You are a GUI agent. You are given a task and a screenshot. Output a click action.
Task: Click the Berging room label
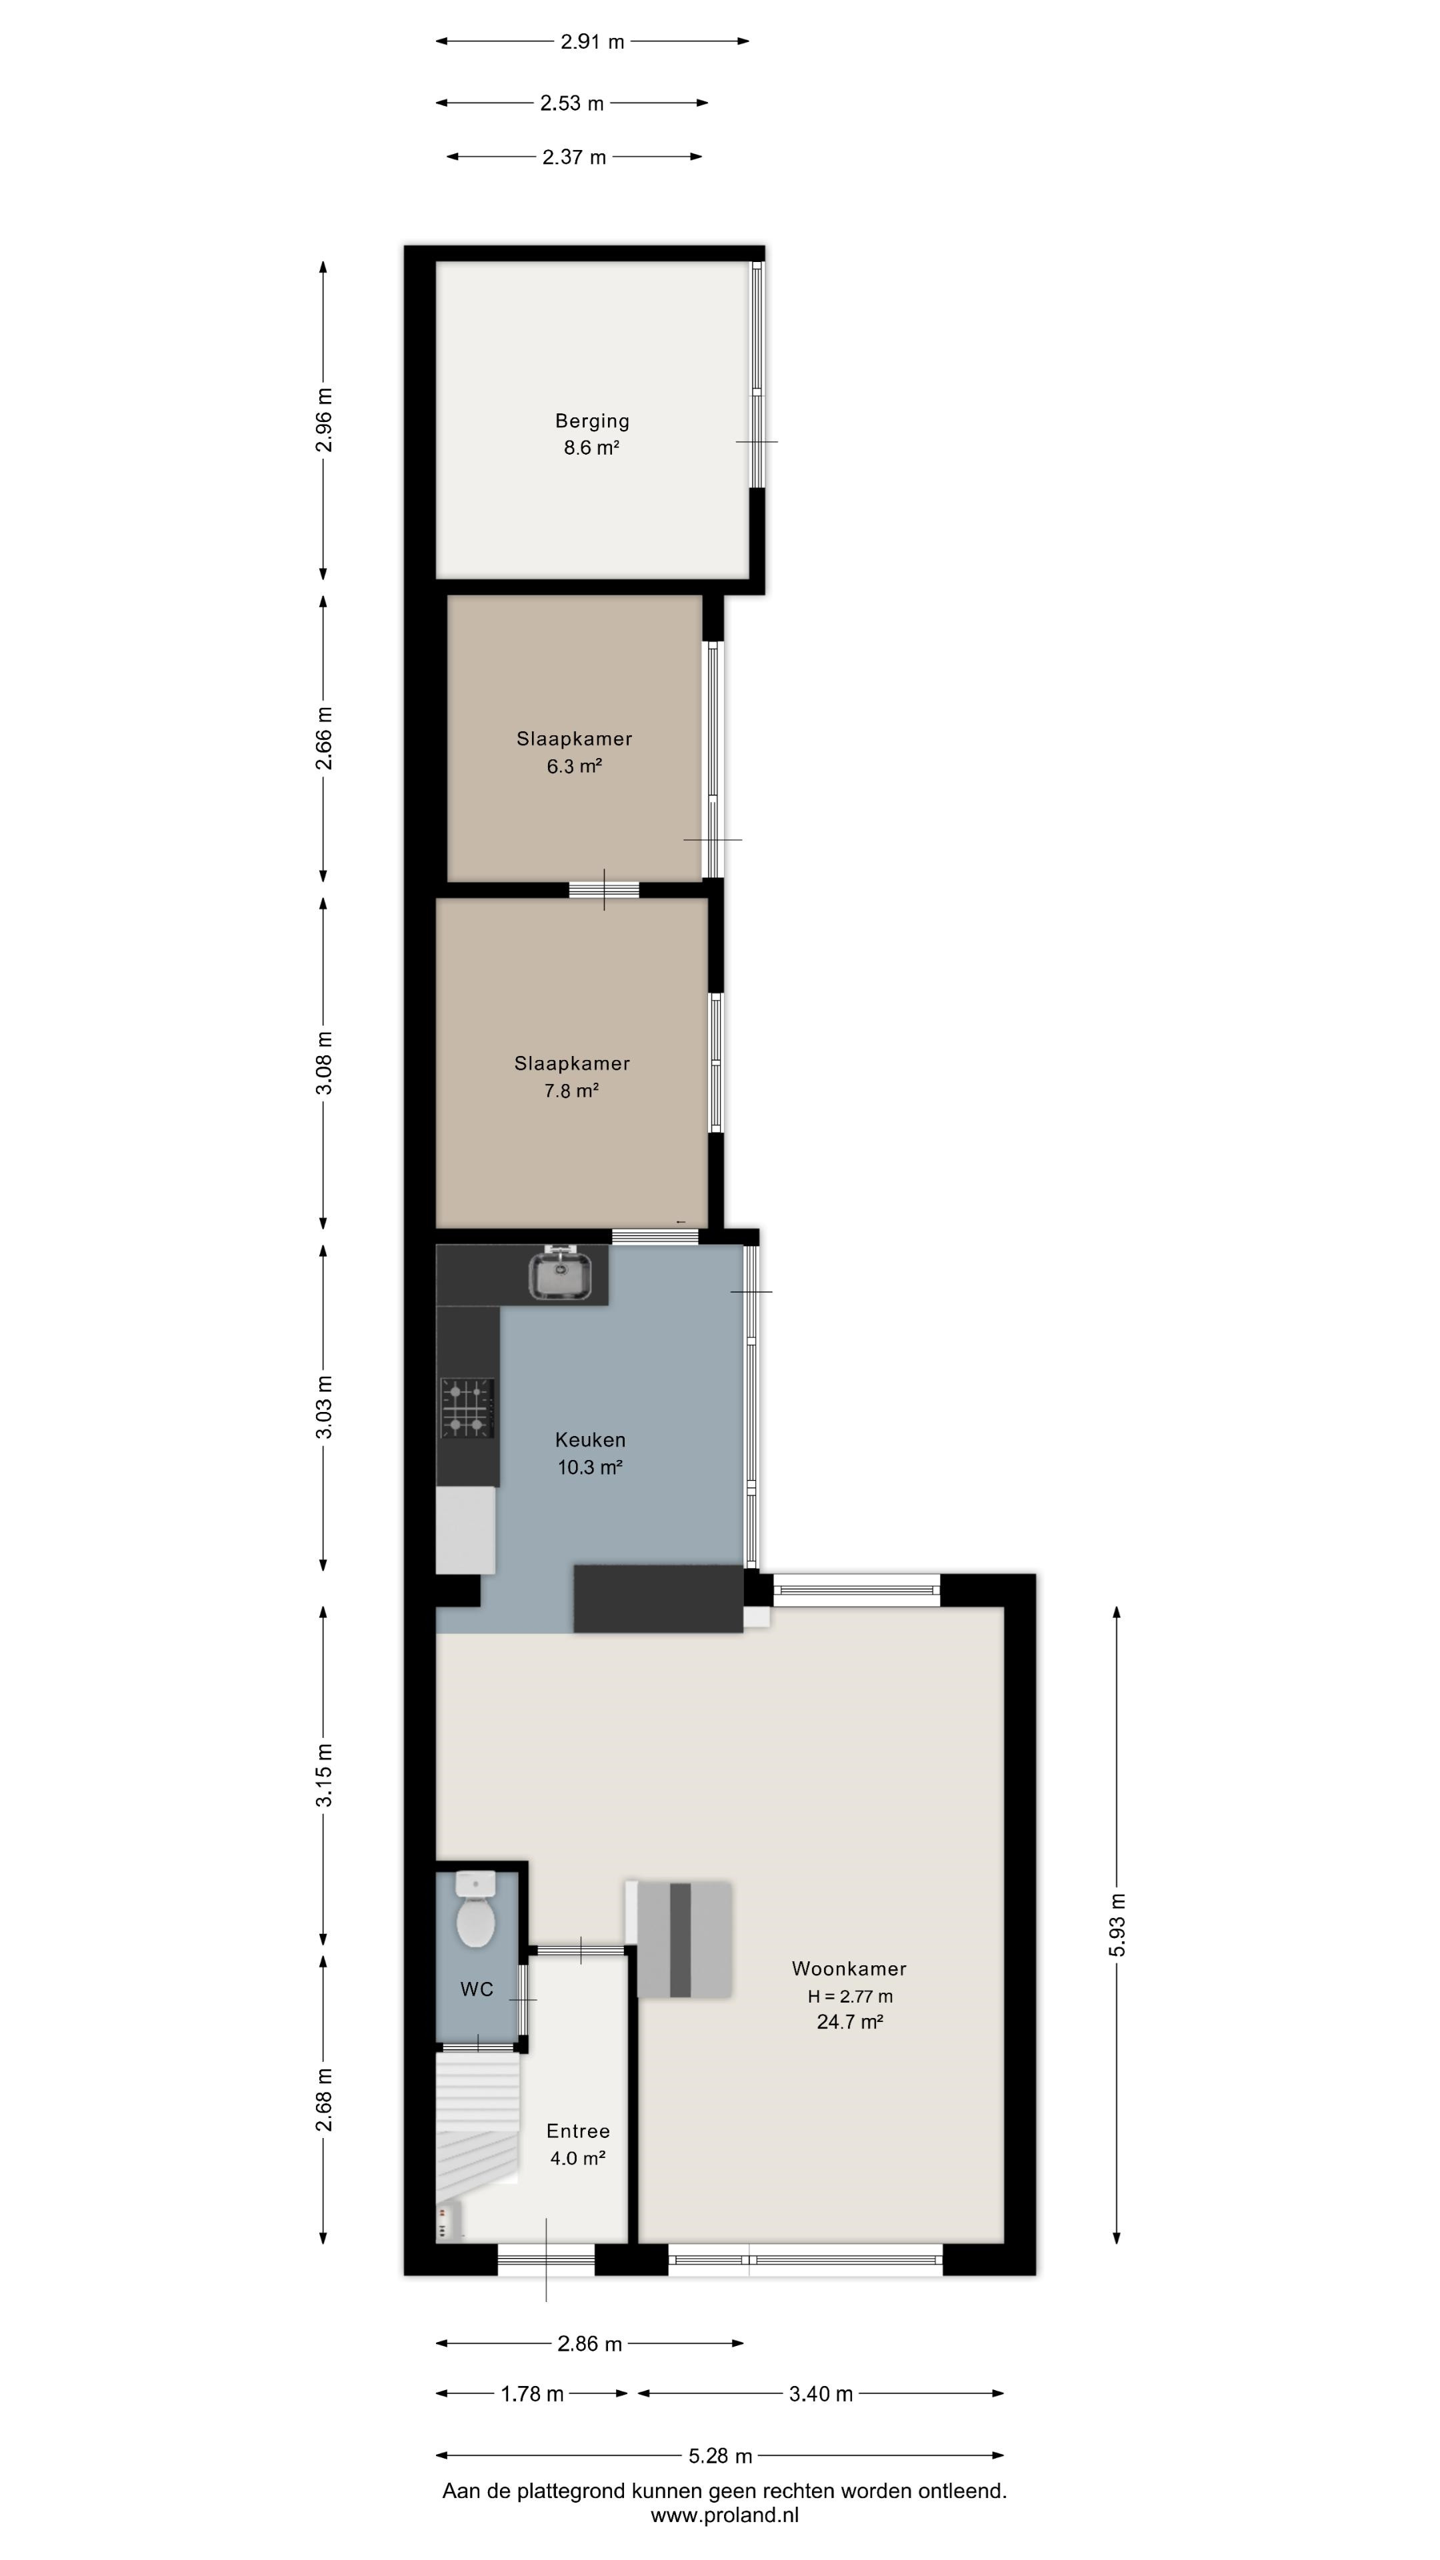(591, 421)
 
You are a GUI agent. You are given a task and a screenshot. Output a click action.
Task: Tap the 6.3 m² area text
(575, 766)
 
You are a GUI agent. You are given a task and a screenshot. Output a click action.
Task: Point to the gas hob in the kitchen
(468, 1408)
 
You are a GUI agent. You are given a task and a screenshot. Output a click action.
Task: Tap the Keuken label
(590, 1439)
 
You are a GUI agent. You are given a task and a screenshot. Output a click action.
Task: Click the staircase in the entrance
(478, 2118)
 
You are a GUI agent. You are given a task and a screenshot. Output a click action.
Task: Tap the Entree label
(579, 2131)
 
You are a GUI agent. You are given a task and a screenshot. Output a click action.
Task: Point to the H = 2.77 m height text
(850, 1995)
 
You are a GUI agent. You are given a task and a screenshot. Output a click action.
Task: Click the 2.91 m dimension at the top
(592, 42)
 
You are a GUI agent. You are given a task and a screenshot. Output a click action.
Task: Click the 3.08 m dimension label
(324, 1063)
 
